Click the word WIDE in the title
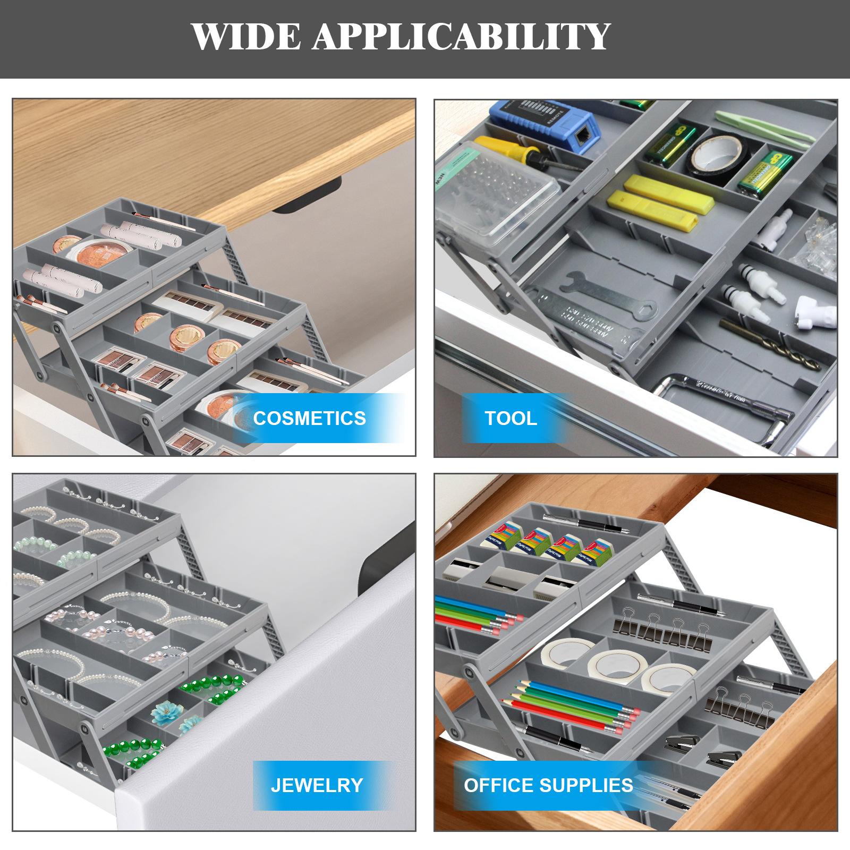[x=246, y=36]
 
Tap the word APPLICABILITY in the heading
[x=460, y=36]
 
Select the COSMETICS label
[x=309, y=418]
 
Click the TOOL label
[x=511, y=418]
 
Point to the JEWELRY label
[x=317, y=785]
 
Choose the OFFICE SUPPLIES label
[x=548, y=785]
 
